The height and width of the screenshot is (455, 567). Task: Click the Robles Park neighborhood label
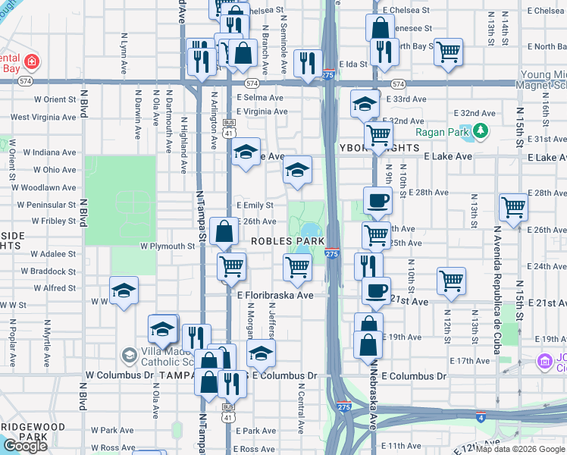(287, 241)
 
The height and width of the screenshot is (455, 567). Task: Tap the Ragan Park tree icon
(480, 132)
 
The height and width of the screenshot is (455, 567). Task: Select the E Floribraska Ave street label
(275, 295)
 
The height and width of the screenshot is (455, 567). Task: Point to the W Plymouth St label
(168, 246)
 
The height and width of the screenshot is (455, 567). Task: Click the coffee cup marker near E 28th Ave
(377, 201)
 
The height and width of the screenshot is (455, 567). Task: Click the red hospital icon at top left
(32, 61)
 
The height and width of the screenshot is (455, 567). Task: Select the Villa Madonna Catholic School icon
(129, 355)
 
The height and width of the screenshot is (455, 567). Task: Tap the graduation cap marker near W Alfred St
(124, 290)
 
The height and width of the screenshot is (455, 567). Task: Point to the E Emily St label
(255, 205)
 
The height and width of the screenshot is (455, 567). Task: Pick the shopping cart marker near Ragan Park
(377, 136)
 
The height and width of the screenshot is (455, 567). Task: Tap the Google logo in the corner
(25, 446)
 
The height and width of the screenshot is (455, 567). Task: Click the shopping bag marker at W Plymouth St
(224, 231)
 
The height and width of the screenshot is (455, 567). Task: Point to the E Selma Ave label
(259, 98)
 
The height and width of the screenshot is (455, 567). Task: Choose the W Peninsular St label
(44, 205)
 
